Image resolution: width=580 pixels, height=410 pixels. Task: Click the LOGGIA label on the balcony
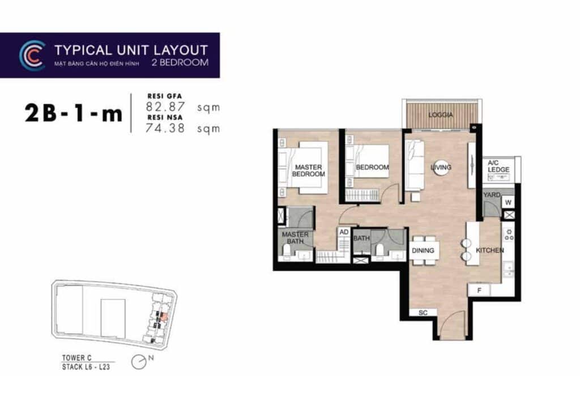(441, 115)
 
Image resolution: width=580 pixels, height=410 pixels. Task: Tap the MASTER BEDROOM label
(308, 170)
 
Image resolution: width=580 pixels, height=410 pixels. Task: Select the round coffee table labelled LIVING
(441, 168)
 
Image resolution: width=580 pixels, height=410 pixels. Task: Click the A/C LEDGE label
(498, 166)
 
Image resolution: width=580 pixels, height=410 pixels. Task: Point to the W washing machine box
(508, 202)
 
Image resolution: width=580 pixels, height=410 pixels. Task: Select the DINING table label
(423, 250)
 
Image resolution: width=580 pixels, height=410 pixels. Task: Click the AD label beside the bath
(343, 232)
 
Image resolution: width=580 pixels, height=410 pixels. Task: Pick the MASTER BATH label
(295, 238)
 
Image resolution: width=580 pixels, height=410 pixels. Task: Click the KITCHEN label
(489, 250)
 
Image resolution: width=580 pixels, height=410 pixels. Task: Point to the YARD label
(491, 195)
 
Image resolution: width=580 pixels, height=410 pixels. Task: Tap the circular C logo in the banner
(32, 55)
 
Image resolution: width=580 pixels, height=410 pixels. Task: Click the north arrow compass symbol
(138, 361)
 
